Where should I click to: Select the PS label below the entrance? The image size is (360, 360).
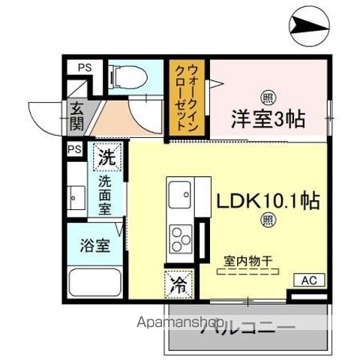point(74,149)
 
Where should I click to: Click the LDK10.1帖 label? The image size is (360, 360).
point(268,201)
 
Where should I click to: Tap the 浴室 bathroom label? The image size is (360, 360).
point(97,245)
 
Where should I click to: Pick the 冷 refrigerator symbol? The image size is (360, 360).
point(178,286)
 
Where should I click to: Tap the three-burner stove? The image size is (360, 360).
point(181,238)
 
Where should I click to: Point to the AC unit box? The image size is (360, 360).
point(308,280)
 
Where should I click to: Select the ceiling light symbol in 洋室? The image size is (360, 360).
point(267,96)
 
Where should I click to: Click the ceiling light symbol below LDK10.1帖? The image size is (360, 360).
point(267,220)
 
